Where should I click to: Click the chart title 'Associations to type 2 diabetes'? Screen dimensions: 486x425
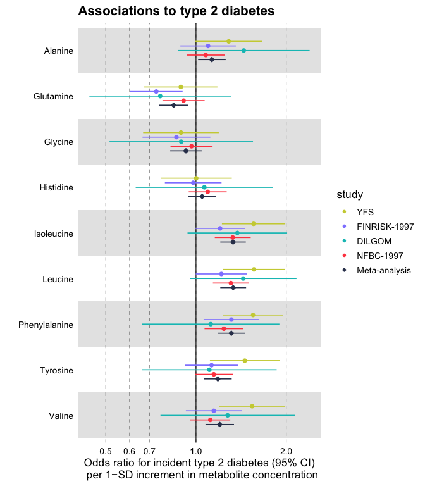(176, 11)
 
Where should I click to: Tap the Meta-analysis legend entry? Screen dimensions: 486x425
(383, 270)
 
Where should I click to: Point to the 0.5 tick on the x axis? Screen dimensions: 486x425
(106, 451)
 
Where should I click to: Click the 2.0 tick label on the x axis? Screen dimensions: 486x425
(286, 451)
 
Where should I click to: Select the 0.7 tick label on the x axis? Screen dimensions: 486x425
(149, 451)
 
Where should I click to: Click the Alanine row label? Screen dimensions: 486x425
(59, 51)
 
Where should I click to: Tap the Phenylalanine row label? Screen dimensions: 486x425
(46, 325)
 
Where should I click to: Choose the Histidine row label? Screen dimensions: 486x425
(56, 188)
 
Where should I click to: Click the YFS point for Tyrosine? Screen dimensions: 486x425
(245, 361)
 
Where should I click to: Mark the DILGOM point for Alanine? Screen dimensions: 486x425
(243, 51)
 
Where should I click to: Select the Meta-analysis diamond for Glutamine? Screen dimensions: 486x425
(173, 105)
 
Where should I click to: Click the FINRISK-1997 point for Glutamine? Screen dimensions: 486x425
(156, 92)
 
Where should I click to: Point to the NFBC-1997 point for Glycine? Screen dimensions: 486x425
(192, 146)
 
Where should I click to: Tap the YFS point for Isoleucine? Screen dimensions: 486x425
(254, 224)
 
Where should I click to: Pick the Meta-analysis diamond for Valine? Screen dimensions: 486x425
(219, 425)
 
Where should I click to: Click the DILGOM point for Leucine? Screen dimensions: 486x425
(243, 278)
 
